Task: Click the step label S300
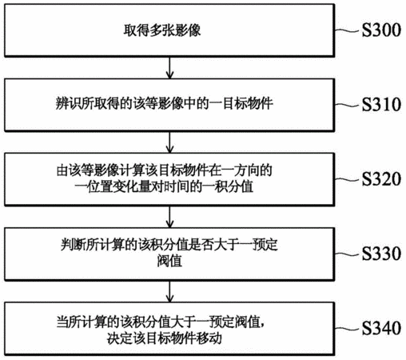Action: (x=381, y=30)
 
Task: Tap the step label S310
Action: (x=381, y=104)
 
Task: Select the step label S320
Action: (x=381, y=178)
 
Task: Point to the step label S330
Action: (x=381, y=254)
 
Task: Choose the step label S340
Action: (x=381, y=328)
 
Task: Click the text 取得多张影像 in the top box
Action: (x=162, y=30)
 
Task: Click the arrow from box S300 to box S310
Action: (x=169, y=68)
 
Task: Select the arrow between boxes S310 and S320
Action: (x=169, y=142)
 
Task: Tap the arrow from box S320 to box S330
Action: (x=169, y=217)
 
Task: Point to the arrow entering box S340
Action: (x=169, y=291)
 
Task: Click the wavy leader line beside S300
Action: (x=347, y=30)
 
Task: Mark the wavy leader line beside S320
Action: (x=347, y=179)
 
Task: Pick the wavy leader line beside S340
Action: (x=347, y=328)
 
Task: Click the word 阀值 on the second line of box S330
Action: (x=169, y=261)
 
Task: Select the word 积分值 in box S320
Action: (x=233, y=186)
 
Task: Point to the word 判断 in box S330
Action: (x=74, y=245)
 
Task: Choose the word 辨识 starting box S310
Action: (x=68, y=103)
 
